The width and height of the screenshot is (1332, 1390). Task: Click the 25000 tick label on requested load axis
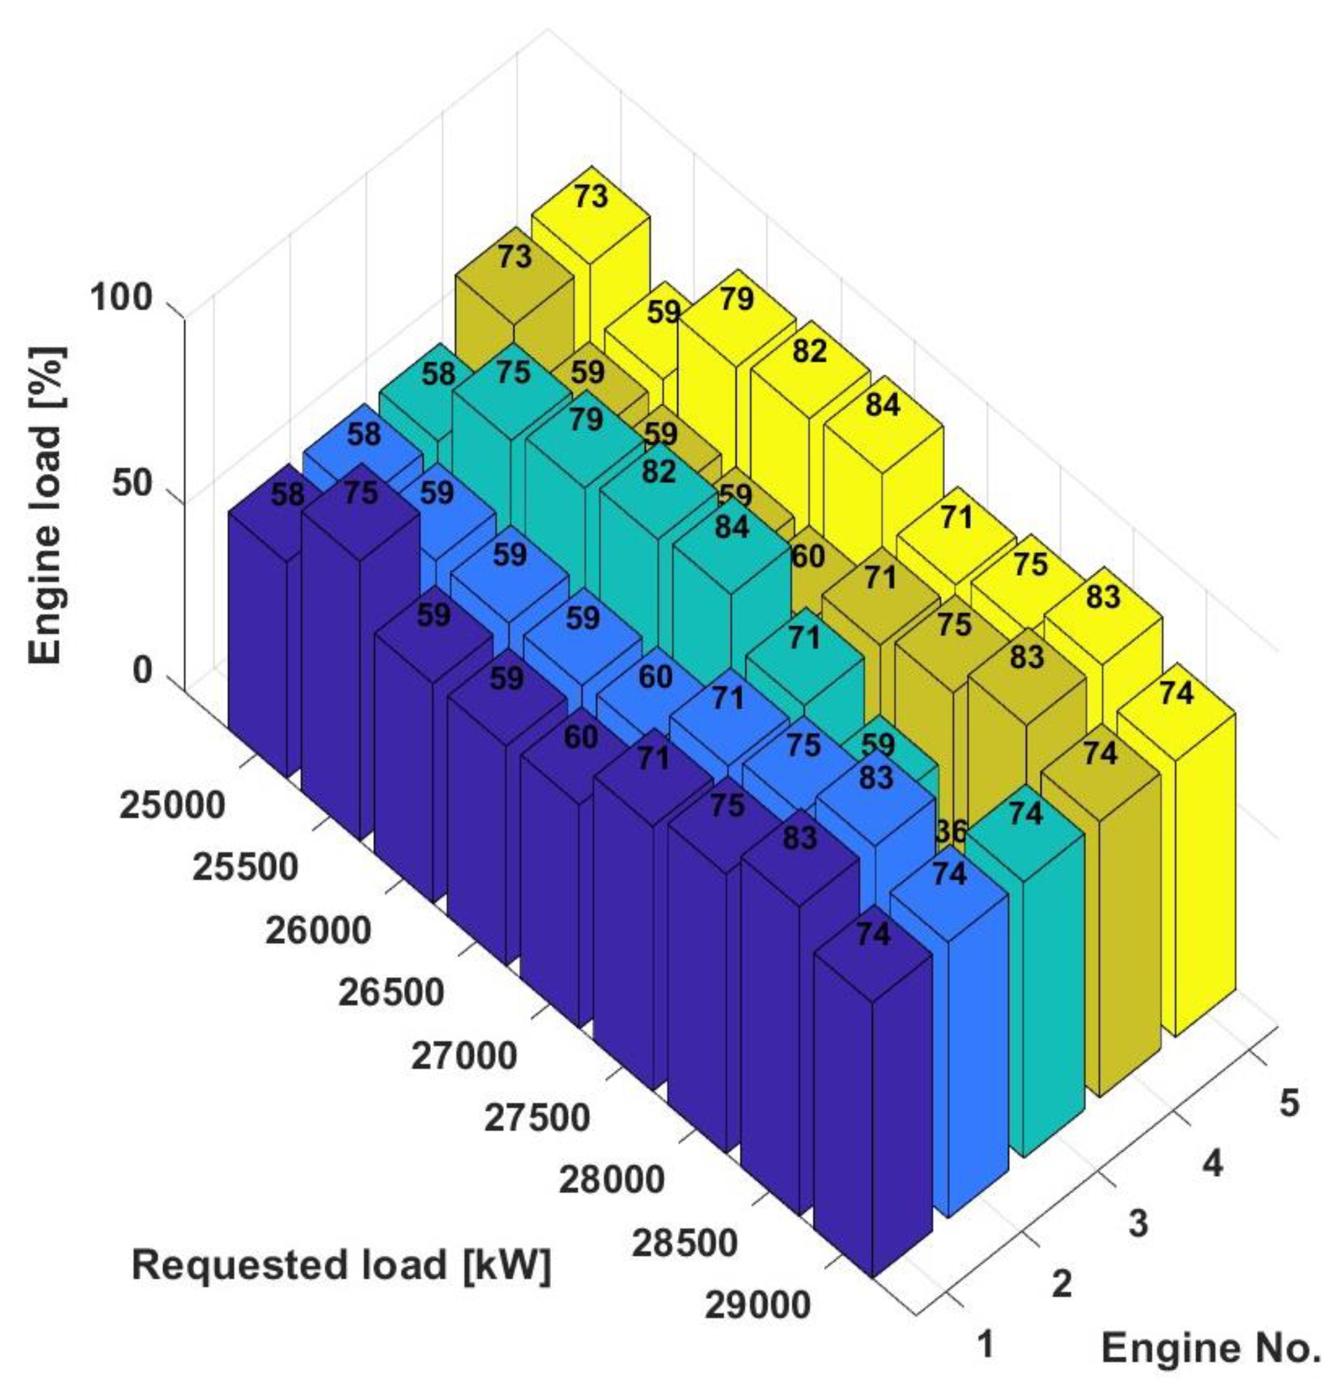(172, 806)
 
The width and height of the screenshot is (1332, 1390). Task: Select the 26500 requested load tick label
(391, 993)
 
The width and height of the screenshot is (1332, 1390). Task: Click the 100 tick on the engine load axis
(121, 298)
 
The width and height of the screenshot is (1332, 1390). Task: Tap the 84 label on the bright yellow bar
(882, 405)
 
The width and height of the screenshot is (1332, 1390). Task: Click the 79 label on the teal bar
(586, 420)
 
